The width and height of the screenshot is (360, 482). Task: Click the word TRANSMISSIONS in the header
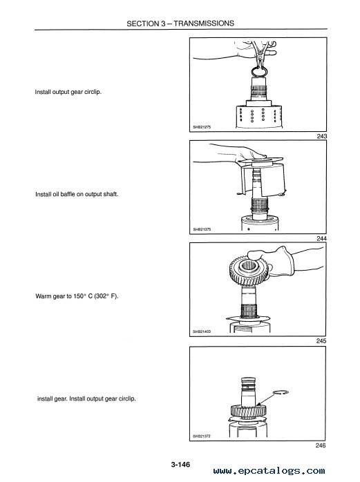pyautogui.click(x=204, y=23)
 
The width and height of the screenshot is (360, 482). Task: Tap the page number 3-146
pyautogui.click(x=180, y=464)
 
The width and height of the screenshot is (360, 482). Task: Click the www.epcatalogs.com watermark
pyautogui.click(x=269, y=471)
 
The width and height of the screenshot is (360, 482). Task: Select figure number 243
pyautogui.click(x=322, y=136)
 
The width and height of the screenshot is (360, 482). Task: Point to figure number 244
pyautogui.click(x=322, y=238)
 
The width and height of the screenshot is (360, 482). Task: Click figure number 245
pyautogui.click(x=321, y=341)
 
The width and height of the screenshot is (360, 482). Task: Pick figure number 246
pyautogui.click(x=321, y=445)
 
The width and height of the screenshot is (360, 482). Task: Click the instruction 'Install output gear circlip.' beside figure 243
pyautogui.click(x=68, y=92)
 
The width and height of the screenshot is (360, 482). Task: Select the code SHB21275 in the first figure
pyautogui.click(x=202, y=127)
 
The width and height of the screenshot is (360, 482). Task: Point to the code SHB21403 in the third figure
pyautogui.click(x=202, y=331)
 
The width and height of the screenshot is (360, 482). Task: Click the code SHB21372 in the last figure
pyautogui.click(x=202, y=436)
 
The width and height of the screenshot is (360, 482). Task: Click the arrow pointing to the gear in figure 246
pyautogui.click(x=266, y=400)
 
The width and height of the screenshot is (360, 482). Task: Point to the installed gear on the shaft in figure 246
pyautogui.click(x=249, y=411)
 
